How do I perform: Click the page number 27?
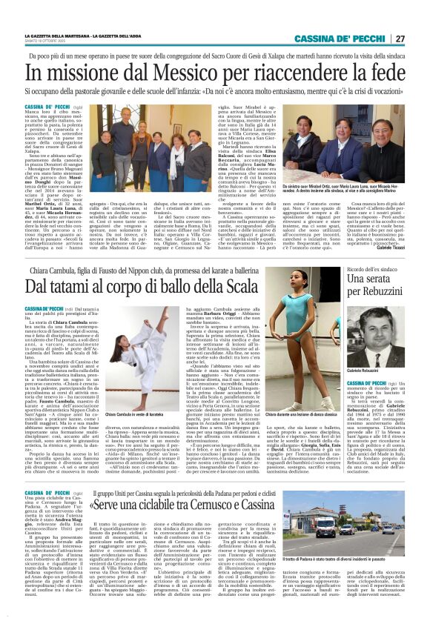pyautogui.click(x=399, y=39)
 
